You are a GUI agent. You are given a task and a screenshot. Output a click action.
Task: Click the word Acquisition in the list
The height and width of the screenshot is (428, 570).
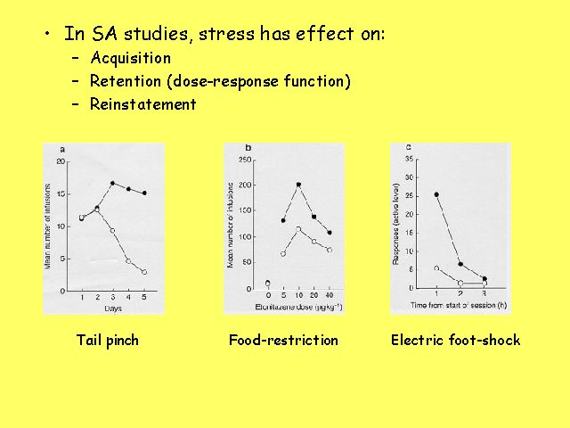pyautogui.click(x=130, y=59)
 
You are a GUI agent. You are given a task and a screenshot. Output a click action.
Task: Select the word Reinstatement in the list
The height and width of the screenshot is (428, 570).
pyautogui.click(x=143, y=104)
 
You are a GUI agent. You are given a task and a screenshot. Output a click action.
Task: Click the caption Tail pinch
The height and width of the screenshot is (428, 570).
pyautogui.click(x=108, y=340)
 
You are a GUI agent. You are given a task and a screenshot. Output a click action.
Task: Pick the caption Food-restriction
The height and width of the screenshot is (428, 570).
pyautogui.click(x=283, y=340)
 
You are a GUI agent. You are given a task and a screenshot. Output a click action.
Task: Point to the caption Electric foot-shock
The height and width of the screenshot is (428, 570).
pyautogui.click(x=455, y=340)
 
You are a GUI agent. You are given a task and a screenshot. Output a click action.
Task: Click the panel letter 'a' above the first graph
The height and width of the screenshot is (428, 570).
pyautogui.click(x=61, y=148)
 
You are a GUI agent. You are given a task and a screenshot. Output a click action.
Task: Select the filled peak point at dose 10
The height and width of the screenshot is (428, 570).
pyautogui.click(x=298, y=185)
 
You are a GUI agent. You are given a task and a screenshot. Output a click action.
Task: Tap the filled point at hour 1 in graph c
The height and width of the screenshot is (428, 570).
pyautogui.click(x=436, y=194)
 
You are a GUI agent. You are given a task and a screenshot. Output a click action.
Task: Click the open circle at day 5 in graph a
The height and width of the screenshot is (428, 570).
pyautogui.click(x=143, y=272)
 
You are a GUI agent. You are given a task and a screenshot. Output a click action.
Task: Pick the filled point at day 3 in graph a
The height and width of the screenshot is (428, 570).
pyautogui.click(x=112, y=184)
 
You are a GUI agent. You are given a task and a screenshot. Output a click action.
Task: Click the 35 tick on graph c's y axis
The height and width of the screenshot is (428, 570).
pyautogui.click(x=409, y=160)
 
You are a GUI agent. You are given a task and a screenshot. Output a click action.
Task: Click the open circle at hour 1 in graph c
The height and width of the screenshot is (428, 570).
pyautogui.click(x=436, y=267)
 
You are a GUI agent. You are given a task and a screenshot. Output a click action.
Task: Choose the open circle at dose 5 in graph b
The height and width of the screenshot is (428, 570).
pyautogui.click(x=282, y=254)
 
